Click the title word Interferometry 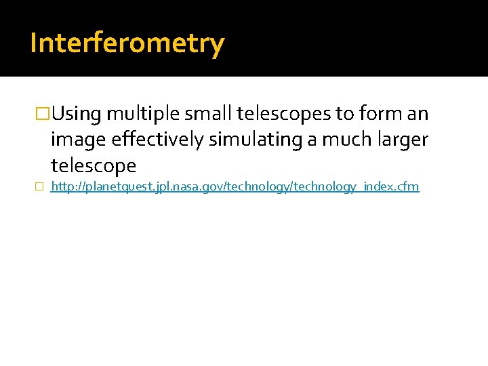point(127,44)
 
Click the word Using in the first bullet point(77,115)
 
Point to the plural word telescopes point(283,115)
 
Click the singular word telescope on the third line point(94,165)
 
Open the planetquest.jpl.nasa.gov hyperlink point(235,186)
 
